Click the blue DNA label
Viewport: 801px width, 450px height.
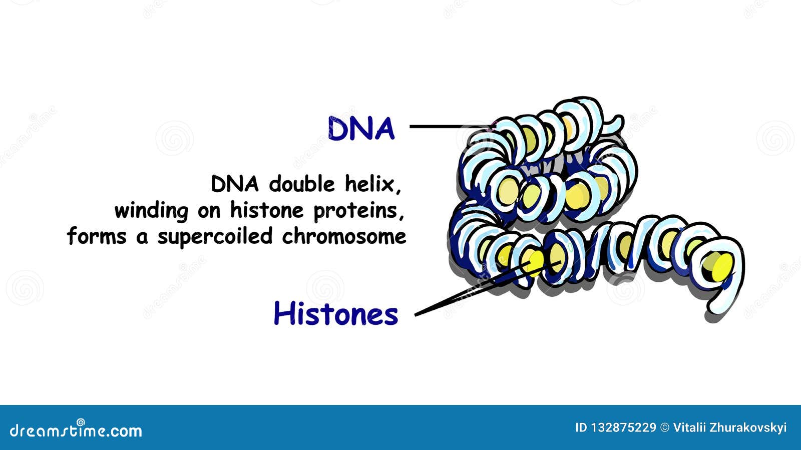tap(361, 129)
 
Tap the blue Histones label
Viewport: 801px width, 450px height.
tap(335, 314)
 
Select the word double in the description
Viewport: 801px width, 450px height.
tap(301, 184)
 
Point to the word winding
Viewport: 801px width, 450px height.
tap(151, 211)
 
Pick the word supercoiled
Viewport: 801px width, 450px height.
tap(216, 237)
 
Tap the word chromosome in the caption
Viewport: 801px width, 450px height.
tap(344, 236)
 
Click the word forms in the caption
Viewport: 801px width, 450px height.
tap(97, 236)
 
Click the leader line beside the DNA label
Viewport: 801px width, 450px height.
tap(446, 126)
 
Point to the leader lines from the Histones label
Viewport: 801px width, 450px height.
tap(451, 300)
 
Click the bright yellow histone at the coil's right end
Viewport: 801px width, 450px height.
tap(720, 267)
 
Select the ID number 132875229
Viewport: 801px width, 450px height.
tap(623, 427)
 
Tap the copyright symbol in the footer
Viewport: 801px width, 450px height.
tap(665, 427)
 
